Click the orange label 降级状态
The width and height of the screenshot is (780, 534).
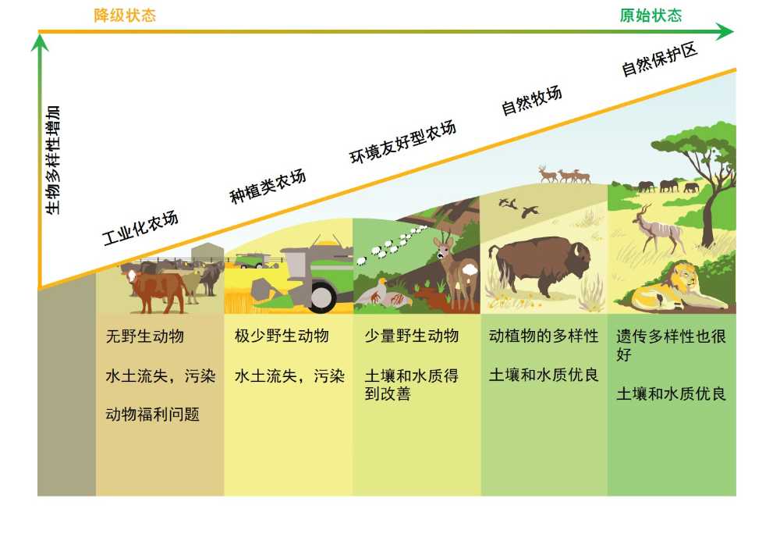125,16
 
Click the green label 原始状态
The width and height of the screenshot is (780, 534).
651,16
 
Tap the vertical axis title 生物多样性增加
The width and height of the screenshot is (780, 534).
53,160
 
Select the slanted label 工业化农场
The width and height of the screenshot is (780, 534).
140,228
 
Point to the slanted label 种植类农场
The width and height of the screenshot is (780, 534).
268,186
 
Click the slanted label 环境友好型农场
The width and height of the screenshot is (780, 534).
402,142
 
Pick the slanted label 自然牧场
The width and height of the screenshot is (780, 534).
531,99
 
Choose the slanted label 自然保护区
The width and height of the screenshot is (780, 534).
659,59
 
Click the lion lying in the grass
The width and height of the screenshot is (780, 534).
675,287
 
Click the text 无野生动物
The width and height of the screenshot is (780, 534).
145,336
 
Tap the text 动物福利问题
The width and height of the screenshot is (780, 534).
153,414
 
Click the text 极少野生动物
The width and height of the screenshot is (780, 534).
282,336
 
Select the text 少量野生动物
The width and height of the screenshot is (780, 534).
411,336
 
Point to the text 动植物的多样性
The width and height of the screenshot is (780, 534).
544,336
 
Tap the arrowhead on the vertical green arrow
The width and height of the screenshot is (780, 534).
40,42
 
